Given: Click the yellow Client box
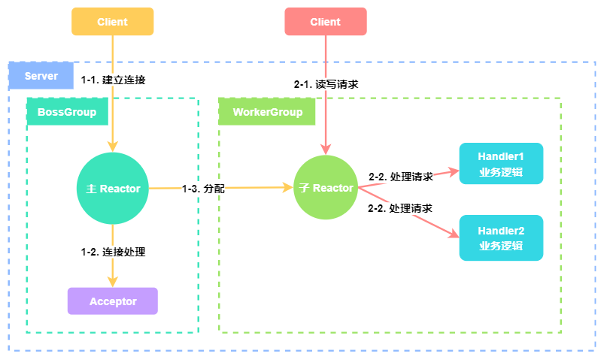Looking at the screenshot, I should (112, 22).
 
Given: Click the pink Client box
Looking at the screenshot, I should (325, 22).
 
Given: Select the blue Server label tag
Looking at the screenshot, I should (41, 77).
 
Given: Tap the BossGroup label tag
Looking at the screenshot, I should (67, 112).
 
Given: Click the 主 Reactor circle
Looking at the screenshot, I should (113, 189).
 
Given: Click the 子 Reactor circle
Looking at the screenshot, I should (325, 188).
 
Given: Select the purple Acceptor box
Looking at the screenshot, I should (113, 301).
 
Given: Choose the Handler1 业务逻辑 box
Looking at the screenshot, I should (500, 164).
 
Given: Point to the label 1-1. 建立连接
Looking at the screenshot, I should (113, 80).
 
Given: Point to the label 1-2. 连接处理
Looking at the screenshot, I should (113, 252).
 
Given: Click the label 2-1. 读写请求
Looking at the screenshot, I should (326, 84).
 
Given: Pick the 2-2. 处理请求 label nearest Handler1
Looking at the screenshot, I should (400, 177).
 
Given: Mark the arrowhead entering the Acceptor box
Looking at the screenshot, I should (113, 282).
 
